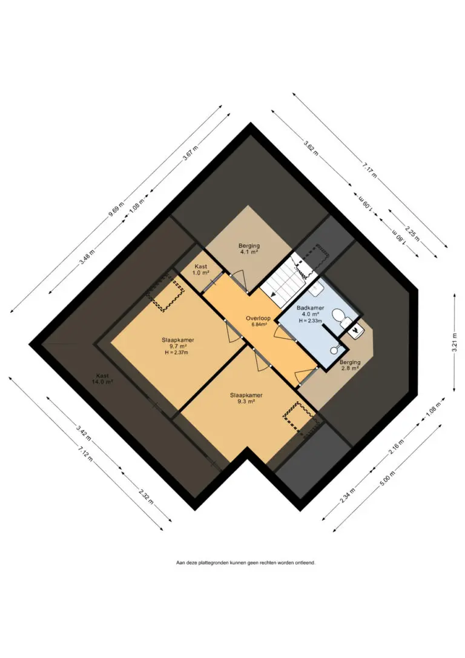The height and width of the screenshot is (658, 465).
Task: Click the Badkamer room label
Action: click(310, 308)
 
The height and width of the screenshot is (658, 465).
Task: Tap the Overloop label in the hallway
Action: click(259, 318)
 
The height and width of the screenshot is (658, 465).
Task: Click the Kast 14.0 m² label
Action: click(102, 379)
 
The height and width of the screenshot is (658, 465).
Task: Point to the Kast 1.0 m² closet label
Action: click(201, 270)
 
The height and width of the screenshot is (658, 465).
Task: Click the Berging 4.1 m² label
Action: click(249, 249)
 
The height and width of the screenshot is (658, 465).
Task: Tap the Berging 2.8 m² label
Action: click(350, 365)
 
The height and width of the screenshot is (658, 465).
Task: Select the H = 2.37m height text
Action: click(177, 353)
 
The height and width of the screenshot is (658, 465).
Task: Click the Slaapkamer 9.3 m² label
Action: click(246, 398)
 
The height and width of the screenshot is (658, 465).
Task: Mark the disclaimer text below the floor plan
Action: click(246, 562)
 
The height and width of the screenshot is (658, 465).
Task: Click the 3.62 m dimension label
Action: click(311, 148)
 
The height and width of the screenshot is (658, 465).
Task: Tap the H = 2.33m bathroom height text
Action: click(310, 321)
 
